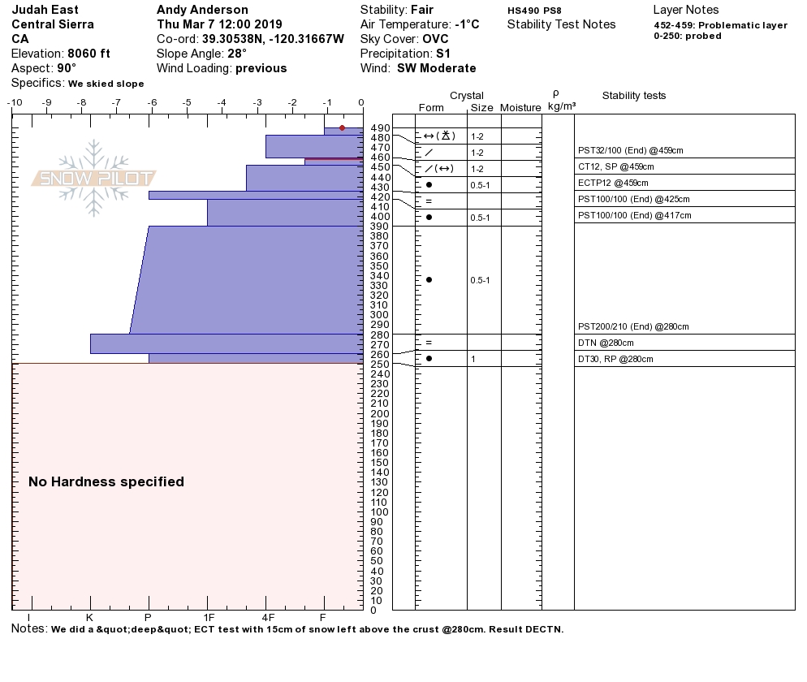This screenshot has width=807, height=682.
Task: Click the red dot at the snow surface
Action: coord(342,127)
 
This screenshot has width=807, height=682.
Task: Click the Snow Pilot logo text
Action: coord(94,179)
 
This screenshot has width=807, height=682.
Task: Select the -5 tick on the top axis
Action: coord(187,102)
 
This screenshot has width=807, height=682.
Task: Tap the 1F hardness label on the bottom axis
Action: coord(208,617)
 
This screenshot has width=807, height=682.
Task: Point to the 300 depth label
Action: coord(379,315)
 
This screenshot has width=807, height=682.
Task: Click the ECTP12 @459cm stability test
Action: coord(617,183)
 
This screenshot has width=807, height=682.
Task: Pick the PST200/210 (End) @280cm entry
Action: coord(633,326)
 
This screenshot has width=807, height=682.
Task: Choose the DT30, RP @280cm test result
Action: coord(615,359)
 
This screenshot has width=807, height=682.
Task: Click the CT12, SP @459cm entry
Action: coord(615,166)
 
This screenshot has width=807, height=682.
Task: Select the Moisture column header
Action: coord(520,108)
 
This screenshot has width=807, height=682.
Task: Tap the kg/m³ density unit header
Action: coord(562,106)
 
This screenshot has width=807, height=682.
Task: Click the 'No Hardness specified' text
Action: coord(106,481)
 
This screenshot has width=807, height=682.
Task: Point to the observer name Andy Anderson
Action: coord(202,10)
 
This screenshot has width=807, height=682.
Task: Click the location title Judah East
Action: coord(45,10)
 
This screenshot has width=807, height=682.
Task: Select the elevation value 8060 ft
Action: coord(90,54)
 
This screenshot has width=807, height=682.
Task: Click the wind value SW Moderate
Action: coord(437,68)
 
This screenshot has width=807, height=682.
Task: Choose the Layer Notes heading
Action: coord(685,10)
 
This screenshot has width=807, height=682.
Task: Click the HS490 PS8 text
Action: coord(534,11)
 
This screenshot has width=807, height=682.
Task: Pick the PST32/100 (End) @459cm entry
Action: coord(631,150)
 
